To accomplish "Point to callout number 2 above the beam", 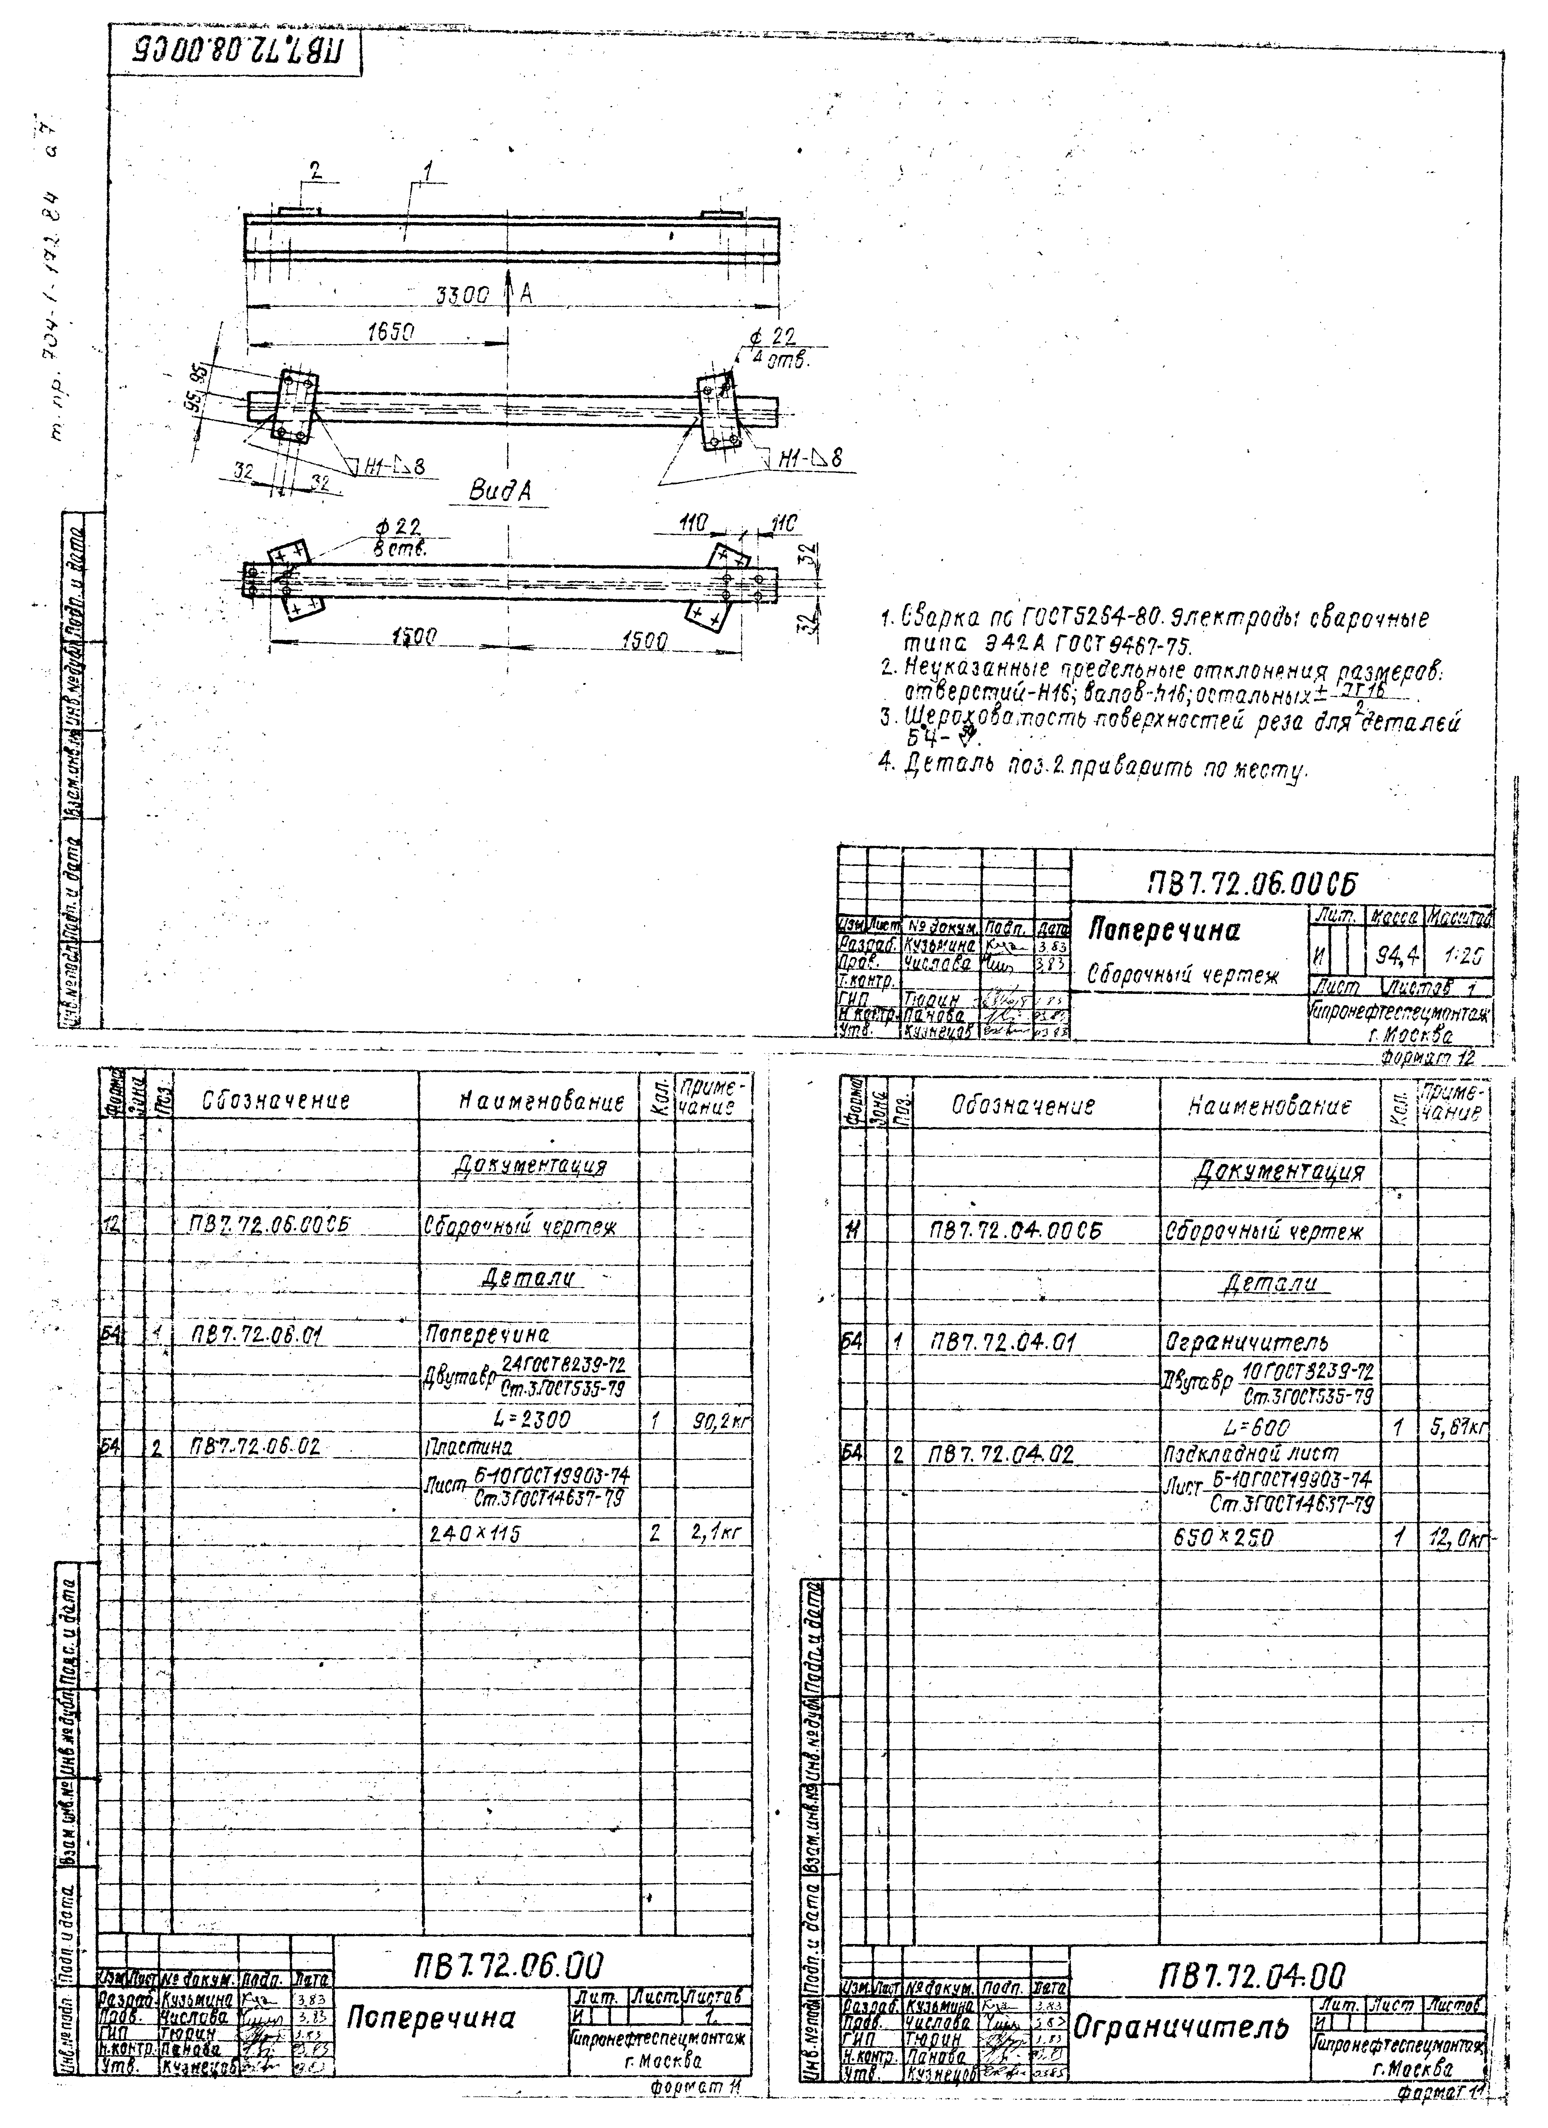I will [316, 172].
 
